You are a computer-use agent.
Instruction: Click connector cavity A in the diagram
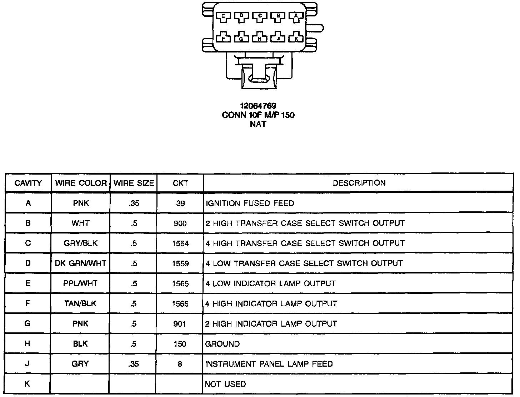click(296, 16)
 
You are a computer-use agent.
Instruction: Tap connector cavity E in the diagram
click(223, 16)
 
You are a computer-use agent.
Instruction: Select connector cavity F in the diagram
click(224, 38)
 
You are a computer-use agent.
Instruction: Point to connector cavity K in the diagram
click(296, 38)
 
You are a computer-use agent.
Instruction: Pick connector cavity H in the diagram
click(260, 38)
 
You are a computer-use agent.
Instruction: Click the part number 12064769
click(258, 106)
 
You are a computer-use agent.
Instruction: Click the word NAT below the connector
click(258, 124)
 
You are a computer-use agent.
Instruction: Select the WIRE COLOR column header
click(81, 183)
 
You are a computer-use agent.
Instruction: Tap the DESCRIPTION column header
click(359, 183)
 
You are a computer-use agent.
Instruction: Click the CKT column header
click(180, 183)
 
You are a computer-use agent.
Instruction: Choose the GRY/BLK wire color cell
click(81, 243)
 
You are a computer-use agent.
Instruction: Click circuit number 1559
click(180, 263)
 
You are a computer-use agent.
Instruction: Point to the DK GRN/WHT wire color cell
click(81, 263)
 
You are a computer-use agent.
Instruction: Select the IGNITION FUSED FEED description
click(250, 203)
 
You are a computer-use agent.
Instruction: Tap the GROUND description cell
click(222, 344)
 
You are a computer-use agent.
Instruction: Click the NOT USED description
click(225, 384)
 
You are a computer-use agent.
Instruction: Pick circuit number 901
click(180, 324)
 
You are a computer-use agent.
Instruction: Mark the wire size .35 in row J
click(134, 364)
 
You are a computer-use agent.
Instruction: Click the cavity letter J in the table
click(27, 364)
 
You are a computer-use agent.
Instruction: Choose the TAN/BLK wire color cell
click(80, 304)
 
